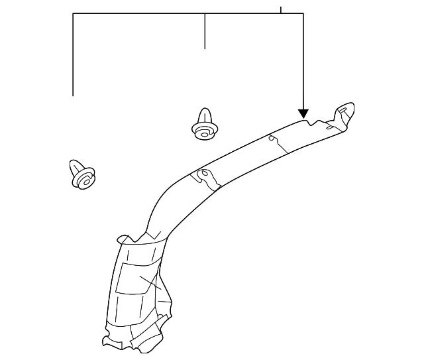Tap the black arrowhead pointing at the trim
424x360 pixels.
tap(303, 113)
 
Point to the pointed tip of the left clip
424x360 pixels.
tap(75, 161)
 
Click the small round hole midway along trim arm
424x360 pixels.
tap(270, 139)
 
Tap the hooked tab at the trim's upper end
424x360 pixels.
tap(346, 109)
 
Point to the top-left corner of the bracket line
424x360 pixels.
tap(73, 14)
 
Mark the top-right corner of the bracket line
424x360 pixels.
tap(303, 14)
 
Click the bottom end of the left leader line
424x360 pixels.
tap(73, 95)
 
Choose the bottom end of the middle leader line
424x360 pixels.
tap(205, 48)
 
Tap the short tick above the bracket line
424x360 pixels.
tap(281, 10)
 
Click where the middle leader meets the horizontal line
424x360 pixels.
tap(205, 14)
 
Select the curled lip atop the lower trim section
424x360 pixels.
tap(125, 239)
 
